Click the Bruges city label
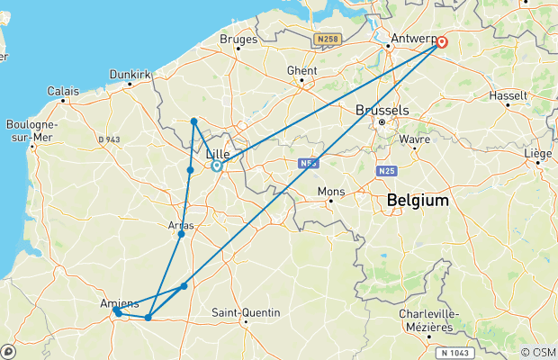[x=239, y=40]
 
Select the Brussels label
[x=382, y=110]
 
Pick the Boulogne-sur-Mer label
[x=31, y=130]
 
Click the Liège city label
[x=539, y=154]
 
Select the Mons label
[x=331, y=192]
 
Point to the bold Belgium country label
[x=417, y=201]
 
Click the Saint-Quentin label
[x=246, y=313]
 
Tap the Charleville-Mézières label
[x=429, y=319]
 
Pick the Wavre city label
[x=416, y=139]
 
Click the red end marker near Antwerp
[x=442, y=40]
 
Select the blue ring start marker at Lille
[x=217, y=166]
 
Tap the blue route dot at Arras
[x=182, y=234]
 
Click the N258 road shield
[x=327, y=40]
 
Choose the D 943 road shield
[x=108, y=139]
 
